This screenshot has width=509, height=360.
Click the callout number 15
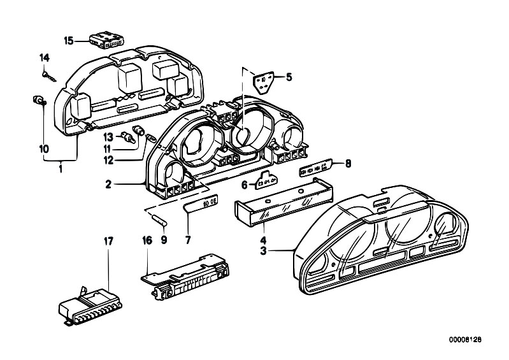[x=69, y=41]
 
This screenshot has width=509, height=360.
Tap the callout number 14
[x=44, y=59]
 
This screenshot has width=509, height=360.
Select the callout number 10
[x=44, y=148]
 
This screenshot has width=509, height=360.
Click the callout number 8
[x=347, y=163]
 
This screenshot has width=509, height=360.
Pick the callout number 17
[x=108, y=241]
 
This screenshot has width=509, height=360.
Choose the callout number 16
[x=148, y=241]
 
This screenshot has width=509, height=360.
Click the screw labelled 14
[x=48, y=75]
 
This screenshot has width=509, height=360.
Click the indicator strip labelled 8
[x=316, y=168]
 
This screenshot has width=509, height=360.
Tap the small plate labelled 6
[x=264, y=183]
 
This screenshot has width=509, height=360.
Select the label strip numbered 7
[x=199, y=204]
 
